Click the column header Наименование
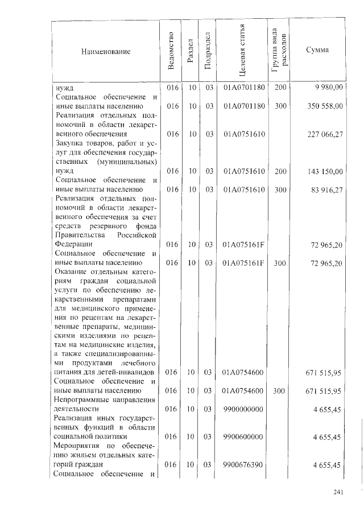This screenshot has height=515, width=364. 106,52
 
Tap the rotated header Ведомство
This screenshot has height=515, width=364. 171,52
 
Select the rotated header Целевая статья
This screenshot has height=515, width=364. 243,52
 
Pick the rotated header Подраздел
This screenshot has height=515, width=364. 208,52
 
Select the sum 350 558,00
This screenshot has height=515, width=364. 324,106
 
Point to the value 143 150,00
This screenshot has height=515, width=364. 324,171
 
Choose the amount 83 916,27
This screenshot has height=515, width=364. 326,189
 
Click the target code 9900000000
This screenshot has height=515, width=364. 243,409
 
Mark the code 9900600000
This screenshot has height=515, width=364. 243,436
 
